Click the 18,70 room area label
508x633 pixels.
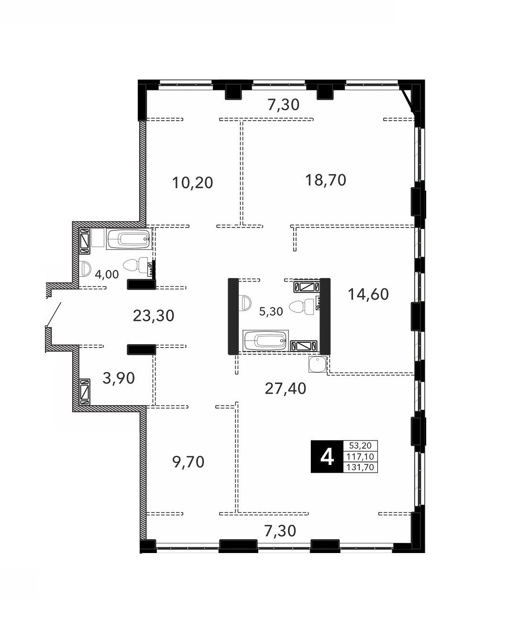click(x=326, y=180)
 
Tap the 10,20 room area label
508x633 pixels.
click(x=192, y=182)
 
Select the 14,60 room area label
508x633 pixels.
click(x=368, y=294)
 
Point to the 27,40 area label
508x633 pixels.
click(x=285, y=389)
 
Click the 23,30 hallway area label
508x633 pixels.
click(x=154, y=316)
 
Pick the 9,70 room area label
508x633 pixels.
click(x=188, y=462)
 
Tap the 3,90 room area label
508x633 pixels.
click(x=119, y=378)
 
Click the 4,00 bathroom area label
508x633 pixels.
click(x=107, y=274)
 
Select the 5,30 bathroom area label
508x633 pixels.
click(x=271, y=311)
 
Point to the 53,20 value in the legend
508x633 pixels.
click(x=361, y=446)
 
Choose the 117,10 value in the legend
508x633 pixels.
click(x=361, y=456)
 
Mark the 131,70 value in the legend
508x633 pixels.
click(x=361, y=467)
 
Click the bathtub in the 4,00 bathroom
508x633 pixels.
click(x=129, y=239)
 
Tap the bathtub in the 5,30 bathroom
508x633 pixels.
click(x=266, y=340)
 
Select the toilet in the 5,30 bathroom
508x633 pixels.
click(x=302, y=307)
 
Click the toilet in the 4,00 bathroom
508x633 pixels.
click(x=135, y=265)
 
